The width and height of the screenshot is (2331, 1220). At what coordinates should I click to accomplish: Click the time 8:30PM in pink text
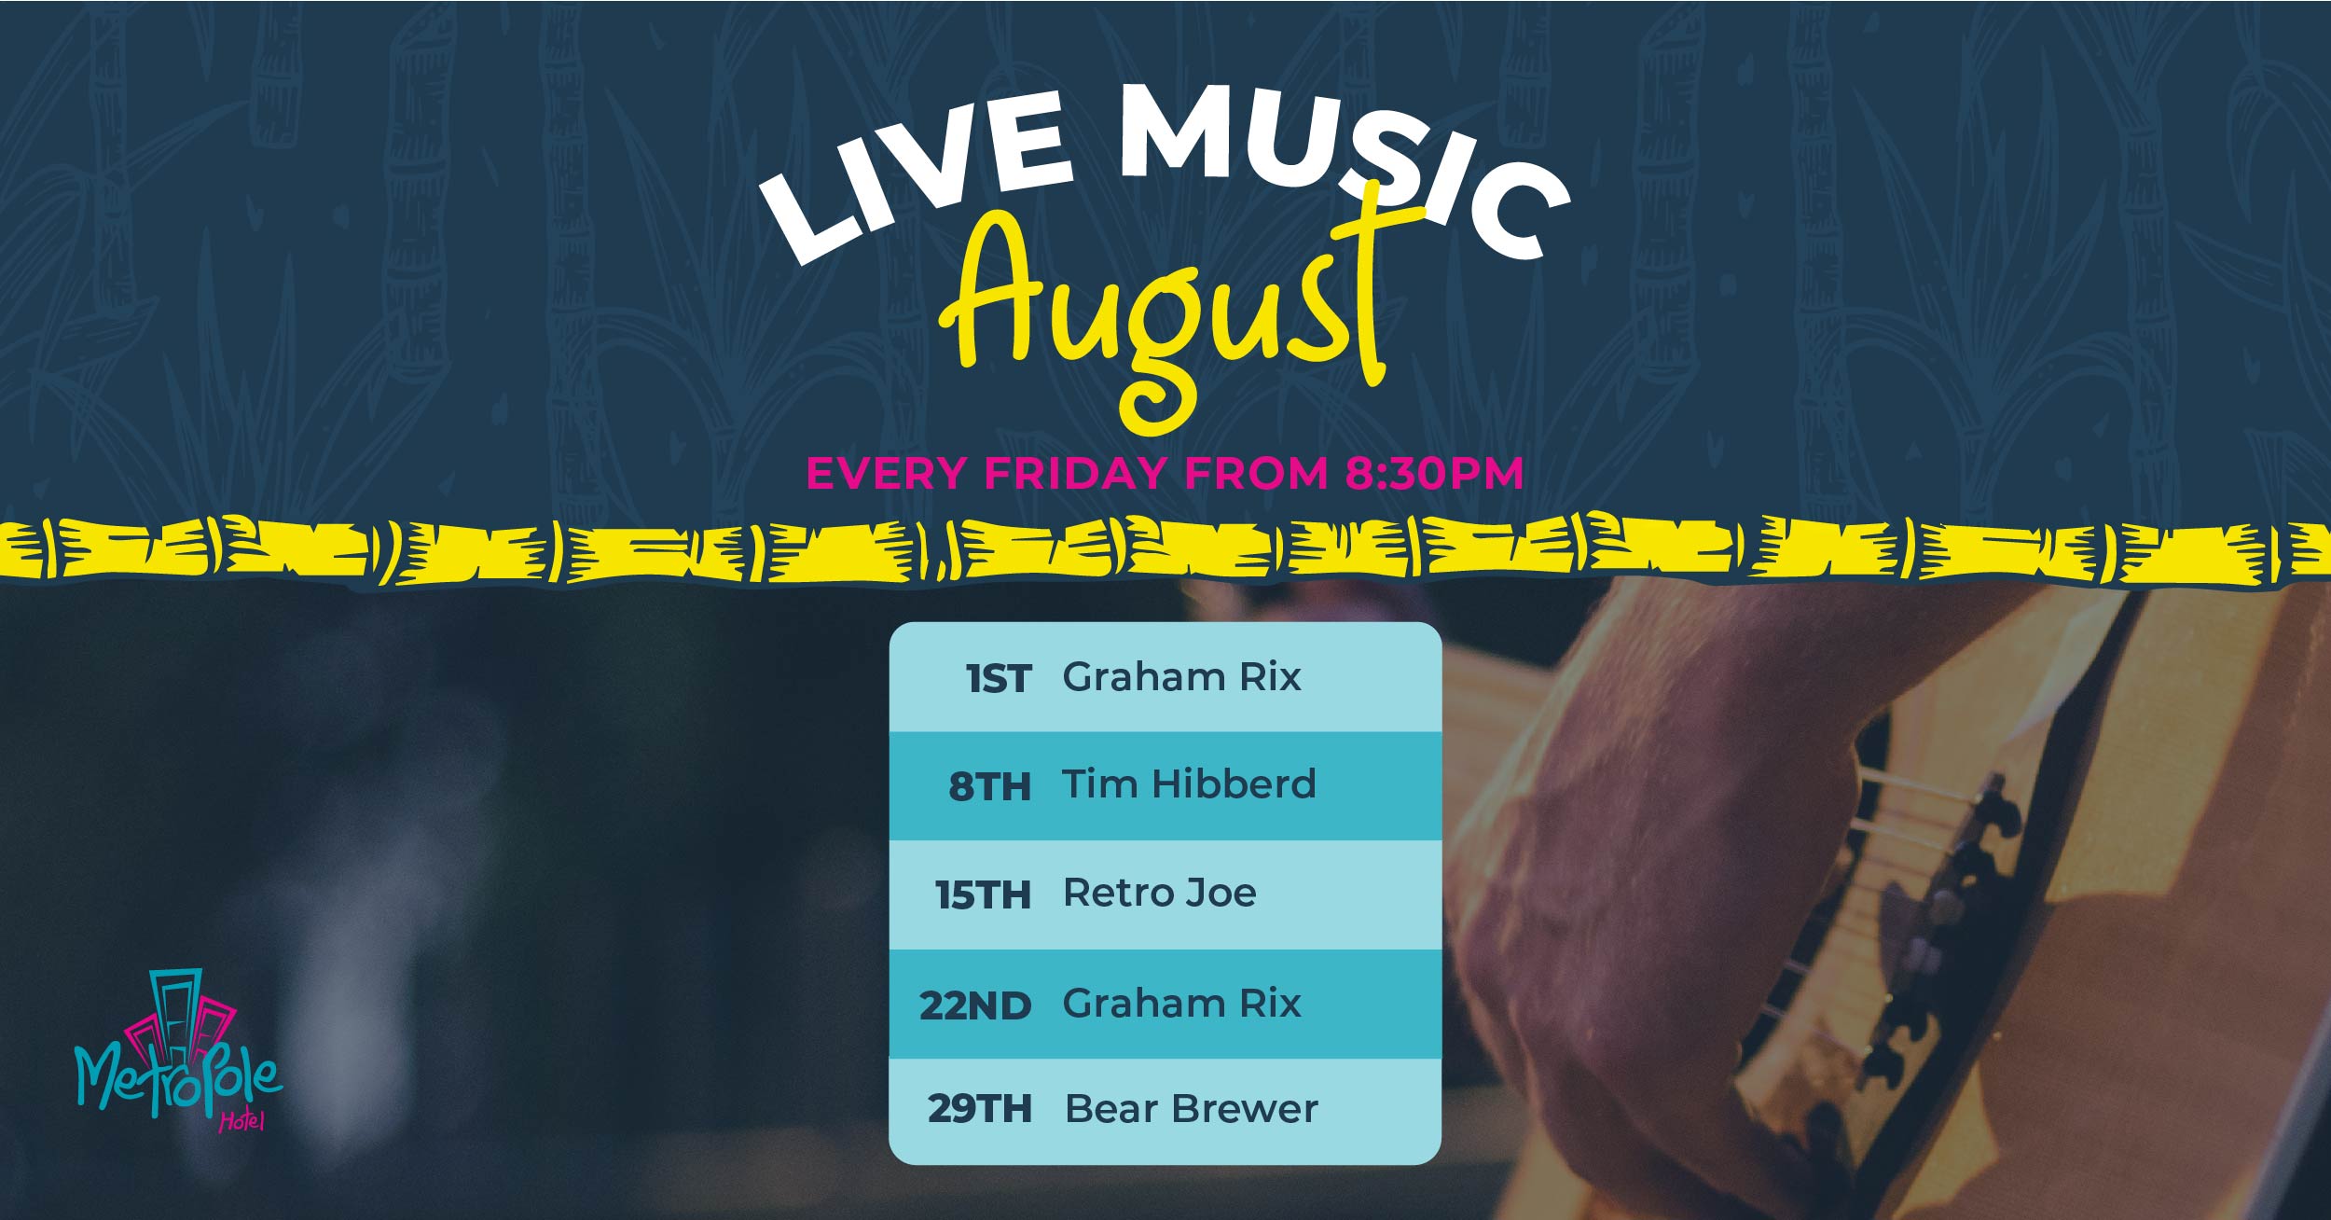[x=1434, y=473]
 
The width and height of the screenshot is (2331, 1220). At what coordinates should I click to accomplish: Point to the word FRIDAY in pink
[x=1075, y=473]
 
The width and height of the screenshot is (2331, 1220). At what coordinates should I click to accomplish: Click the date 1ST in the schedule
[x=999, y=679]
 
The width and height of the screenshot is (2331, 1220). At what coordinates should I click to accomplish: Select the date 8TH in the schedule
[x=990, y=786]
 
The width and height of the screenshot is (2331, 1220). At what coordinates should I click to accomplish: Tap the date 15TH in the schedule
[x=984, y=895]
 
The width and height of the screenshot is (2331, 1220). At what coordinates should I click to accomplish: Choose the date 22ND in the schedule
[x=975, y=1005]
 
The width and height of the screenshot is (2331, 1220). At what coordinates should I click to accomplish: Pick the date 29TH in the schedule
[x=979, y=1109]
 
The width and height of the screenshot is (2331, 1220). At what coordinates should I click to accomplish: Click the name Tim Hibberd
[x=1189, y=784]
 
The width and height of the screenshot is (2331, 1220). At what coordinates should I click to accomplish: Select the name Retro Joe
[x=1160, y=894]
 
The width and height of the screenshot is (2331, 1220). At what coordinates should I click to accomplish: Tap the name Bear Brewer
[x=1192, y=1109]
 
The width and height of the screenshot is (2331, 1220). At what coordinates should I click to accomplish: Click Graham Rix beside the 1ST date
[x=1181, y=677]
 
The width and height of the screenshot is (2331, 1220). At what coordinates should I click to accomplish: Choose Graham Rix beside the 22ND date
[x=1181, y=1004]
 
